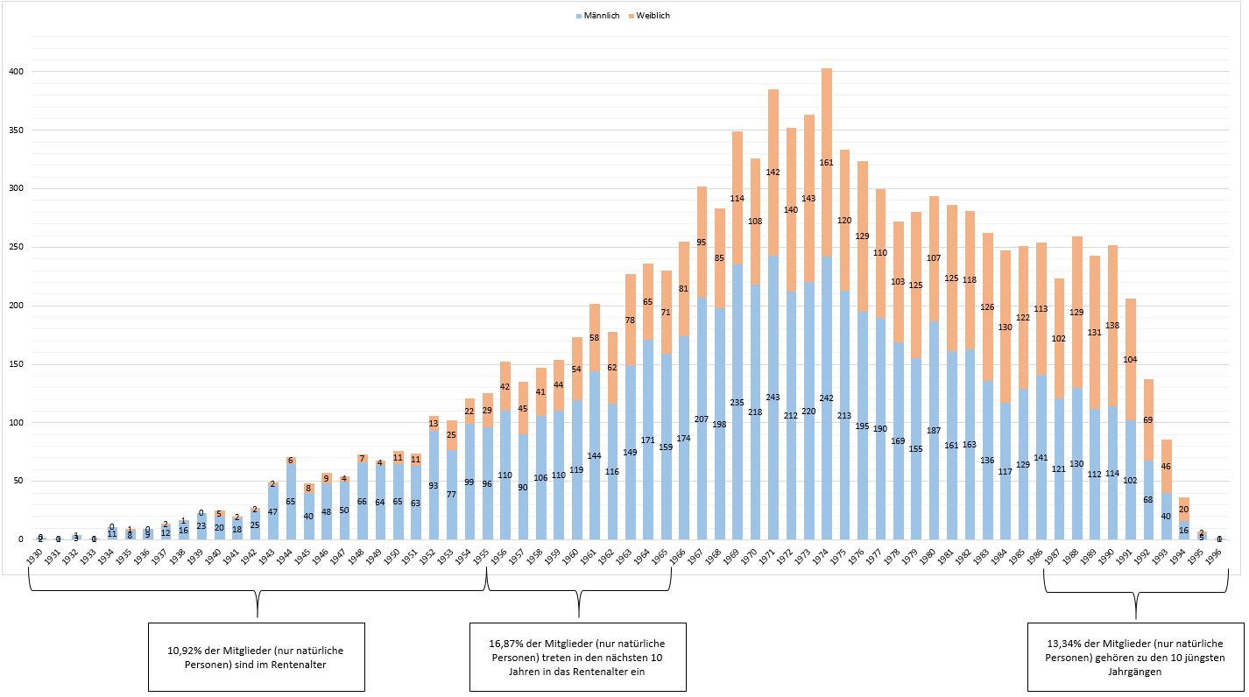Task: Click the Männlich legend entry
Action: tap(599, 16)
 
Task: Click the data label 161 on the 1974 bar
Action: tap(826, 163)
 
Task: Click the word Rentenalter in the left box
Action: tap(308, 665)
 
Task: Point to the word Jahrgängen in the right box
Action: tap(1136, 672)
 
